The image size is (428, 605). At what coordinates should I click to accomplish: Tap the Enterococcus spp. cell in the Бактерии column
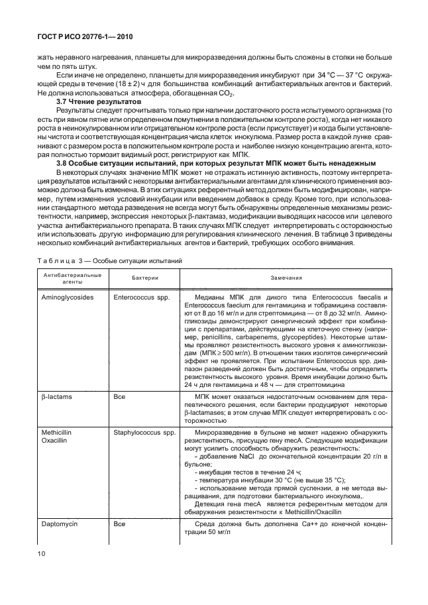tap(139, 297)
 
